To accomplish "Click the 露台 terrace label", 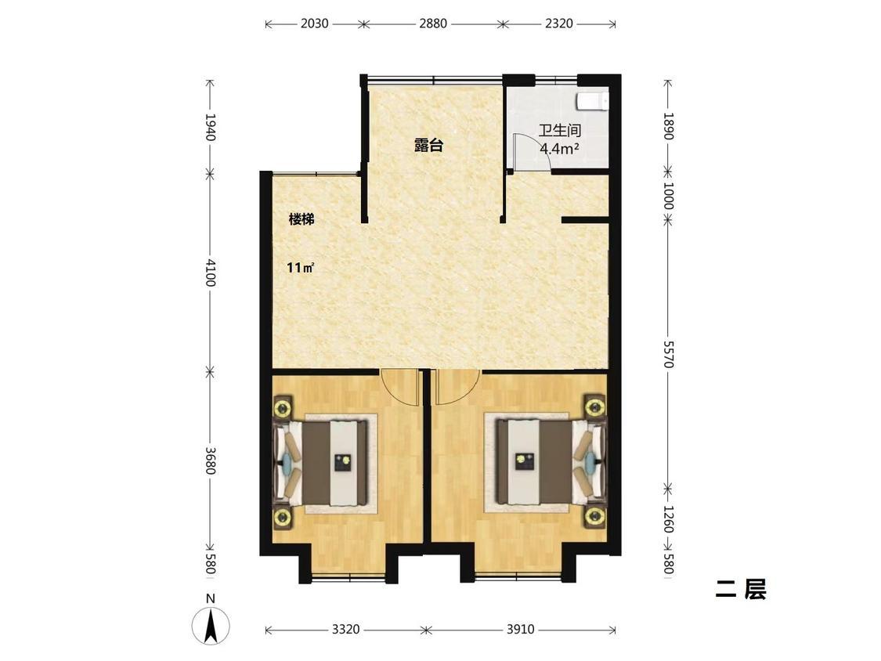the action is coord(428,146).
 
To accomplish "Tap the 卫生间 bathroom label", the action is coord(560,131).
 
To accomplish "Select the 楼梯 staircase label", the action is coord(301,219).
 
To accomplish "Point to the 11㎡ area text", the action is coord(300,268).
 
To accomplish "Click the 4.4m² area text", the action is coord(560,148).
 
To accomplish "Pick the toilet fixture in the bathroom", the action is coord(592,100).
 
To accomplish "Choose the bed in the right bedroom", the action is coord(551,462).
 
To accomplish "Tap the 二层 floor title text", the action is coord(741,590).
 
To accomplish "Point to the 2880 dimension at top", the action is coord(432,23).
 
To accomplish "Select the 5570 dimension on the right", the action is coord(668,354).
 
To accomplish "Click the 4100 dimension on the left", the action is coord(210,272).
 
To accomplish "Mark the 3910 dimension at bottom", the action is coord(520,630).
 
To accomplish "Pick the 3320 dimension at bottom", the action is coord(345,630).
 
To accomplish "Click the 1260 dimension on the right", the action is coord(668,518).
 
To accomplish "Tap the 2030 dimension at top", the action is coord(315,23).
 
